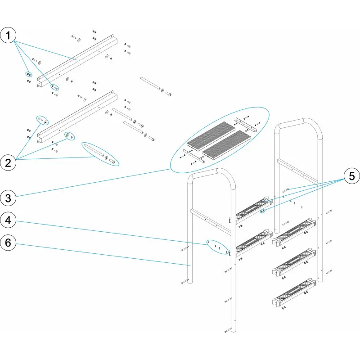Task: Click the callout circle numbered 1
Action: click(x=9, y=36)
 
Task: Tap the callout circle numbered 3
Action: click(x=9, y=197)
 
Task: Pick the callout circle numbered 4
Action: click(x=9, y=220)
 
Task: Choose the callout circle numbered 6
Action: click(x=9, y=243)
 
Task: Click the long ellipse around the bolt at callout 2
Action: click(x=101, y=154)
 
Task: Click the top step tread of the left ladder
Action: click(x=252, y=209)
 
